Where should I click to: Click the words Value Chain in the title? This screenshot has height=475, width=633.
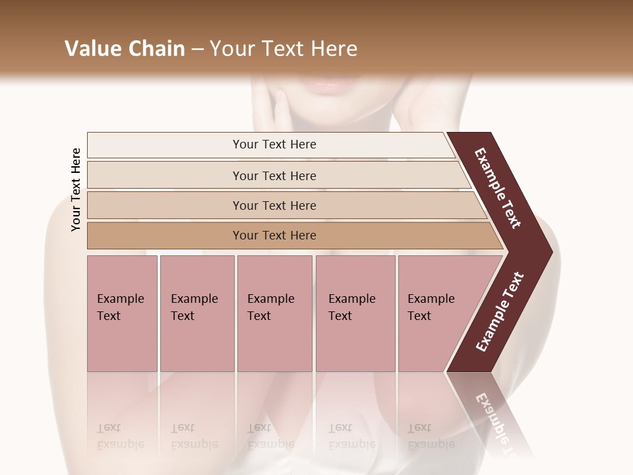(125, 49)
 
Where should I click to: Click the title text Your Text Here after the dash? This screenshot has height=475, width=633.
(284, 49)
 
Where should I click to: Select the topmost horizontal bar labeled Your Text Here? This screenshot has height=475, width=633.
(274, 144)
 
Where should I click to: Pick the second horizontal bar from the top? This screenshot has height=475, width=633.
(274, 175)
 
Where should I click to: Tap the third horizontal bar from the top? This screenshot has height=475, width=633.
(274, 205)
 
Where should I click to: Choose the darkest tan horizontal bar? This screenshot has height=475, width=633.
(274, 236)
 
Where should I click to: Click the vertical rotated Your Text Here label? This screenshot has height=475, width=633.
(76, 189)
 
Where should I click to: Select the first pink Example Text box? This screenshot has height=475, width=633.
(122, 313)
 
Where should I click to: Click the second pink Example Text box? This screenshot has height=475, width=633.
(196, 313)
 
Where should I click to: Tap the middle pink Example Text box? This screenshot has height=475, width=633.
(274, 313)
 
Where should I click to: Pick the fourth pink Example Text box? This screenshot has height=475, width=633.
(355, 313)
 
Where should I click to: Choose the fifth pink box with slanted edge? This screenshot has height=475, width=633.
(435, 313)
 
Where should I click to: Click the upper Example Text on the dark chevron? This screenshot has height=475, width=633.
(498, 188)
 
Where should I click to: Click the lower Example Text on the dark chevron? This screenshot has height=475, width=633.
(499, 312)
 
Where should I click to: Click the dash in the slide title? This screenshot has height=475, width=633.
(197, 49)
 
